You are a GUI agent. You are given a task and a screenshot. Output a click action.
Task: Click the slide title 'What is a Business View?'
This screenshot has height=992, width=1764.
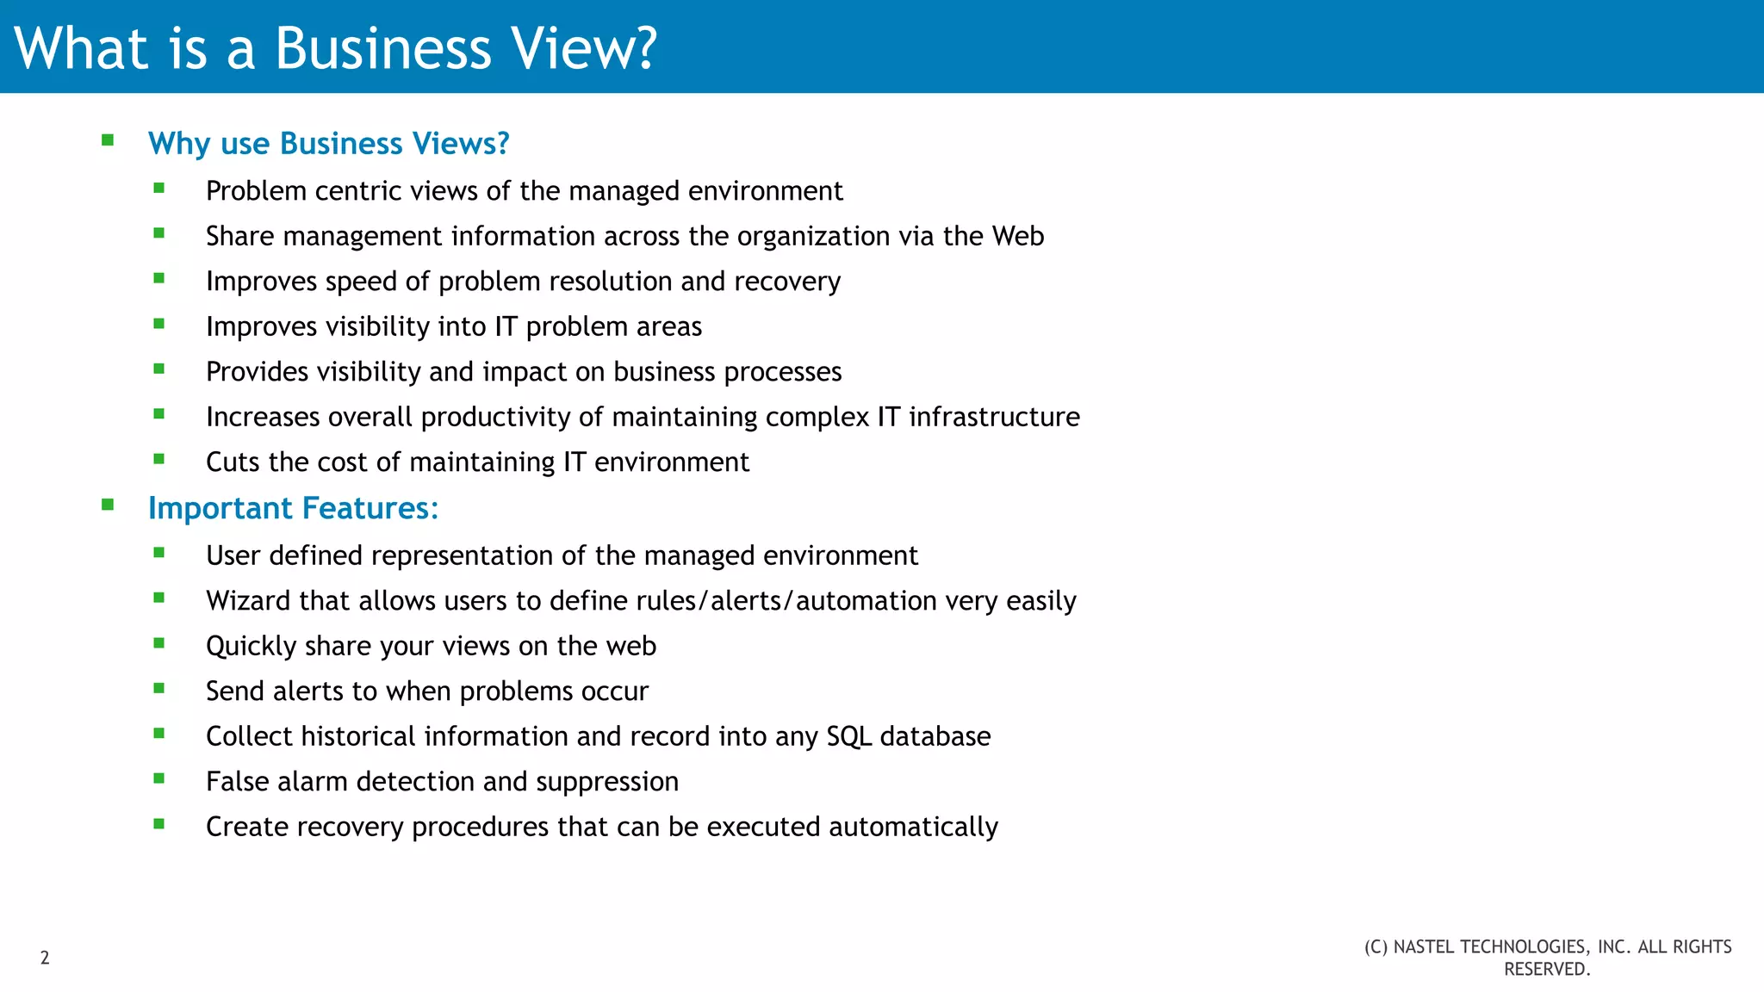(x=335, y=48)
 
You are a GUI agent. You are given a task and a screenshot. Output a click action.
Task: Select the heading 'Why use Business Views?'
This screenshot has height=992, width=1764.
(x=328, y=143)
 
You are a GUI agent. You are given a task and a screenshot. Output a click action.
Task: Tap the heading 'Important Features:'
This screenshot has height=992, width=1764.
(x=293, y=508)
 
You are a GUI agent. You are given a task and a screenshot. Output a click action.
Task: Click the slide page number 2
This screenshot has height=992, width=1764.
(x=45, y=958)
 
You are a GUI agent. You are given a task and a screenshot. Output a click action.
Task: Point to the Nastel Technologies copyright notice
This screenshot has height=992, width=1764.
(x=1547, y=958)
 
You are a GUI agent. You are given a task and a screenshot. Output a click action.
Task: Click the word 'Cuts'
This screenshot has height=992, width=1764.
(x=233, y=462)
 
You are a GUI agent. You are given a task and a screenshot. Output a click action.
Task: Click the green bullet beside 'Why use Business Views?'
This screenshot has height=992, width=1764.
(x=108, y=140)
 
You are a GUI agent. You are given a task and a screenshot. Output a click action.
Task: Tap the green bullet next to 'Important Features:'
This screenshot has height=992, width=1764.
(x=108, y=505)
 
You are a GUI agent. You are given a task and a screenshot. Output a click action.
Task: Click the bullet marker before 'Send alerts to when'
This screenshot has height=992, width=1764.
(x=159, y=689)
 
